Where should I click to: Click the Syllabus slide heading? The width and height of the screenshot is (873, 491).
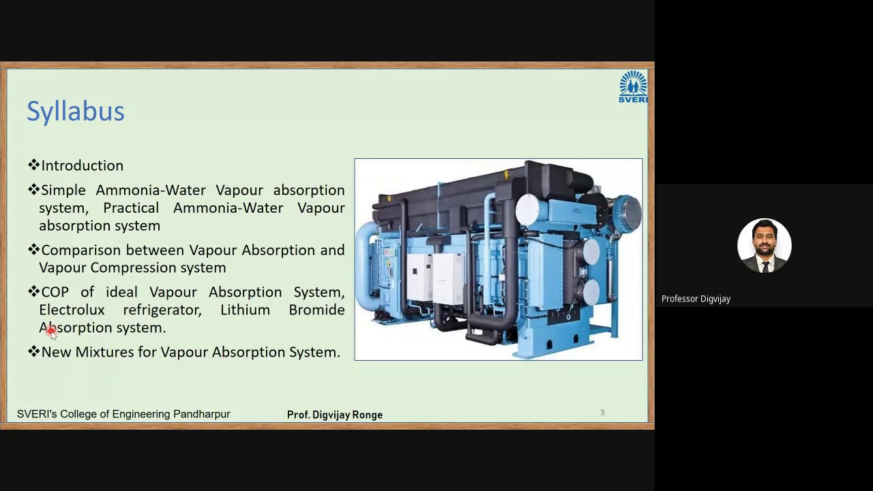[76, 112]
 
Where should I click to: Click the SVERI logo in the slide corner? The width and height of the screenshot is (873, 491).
[633, 87]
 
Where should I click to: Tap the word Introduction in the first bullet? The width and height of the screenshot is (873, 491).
[82, 166]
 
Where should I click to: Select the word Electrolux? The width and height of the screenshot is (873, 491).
[72, 310]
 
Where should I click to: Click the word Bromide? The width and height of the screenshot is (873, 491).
[316, 310]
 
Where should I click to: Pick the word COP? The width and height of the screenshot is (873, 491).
[55, 293]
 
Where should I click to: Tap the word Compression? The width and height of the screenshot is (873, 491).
[130, 268]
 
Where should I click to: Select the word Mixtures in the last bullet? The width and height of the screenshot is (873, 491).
[104, 353]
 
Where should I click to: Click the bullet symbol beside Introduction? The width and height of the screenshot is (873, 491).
[33, 165]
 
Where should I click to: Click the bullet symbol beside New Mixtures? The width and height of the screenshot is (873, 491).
[33, 352]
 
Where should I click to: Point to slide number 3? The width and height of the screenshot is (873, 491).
[602, 413]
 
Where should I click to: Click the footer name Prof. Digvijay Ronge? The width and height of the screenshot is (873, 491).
[334, 415]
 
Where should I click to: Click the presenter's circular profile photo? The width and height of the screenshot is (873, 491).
[764, 245]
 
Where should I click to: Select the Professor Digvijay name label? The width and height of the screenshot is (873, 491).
[696, 299]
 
